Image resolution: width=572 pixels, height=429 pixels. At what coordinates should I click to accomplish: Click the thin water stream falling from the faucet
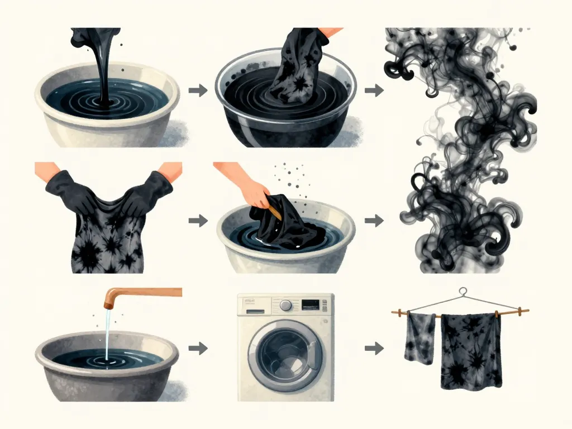tap(107, 335)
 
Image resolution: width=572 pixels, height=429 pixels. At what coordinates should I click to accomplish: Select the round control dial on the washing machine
tap(285, 306)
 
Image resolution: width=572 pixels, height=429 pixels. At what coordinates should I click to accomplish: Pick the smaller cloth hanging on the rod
tap(420, 337)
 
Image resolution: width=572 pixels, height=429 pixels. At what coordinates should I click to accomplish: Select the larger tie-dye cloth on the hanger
tap(470, 351)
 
